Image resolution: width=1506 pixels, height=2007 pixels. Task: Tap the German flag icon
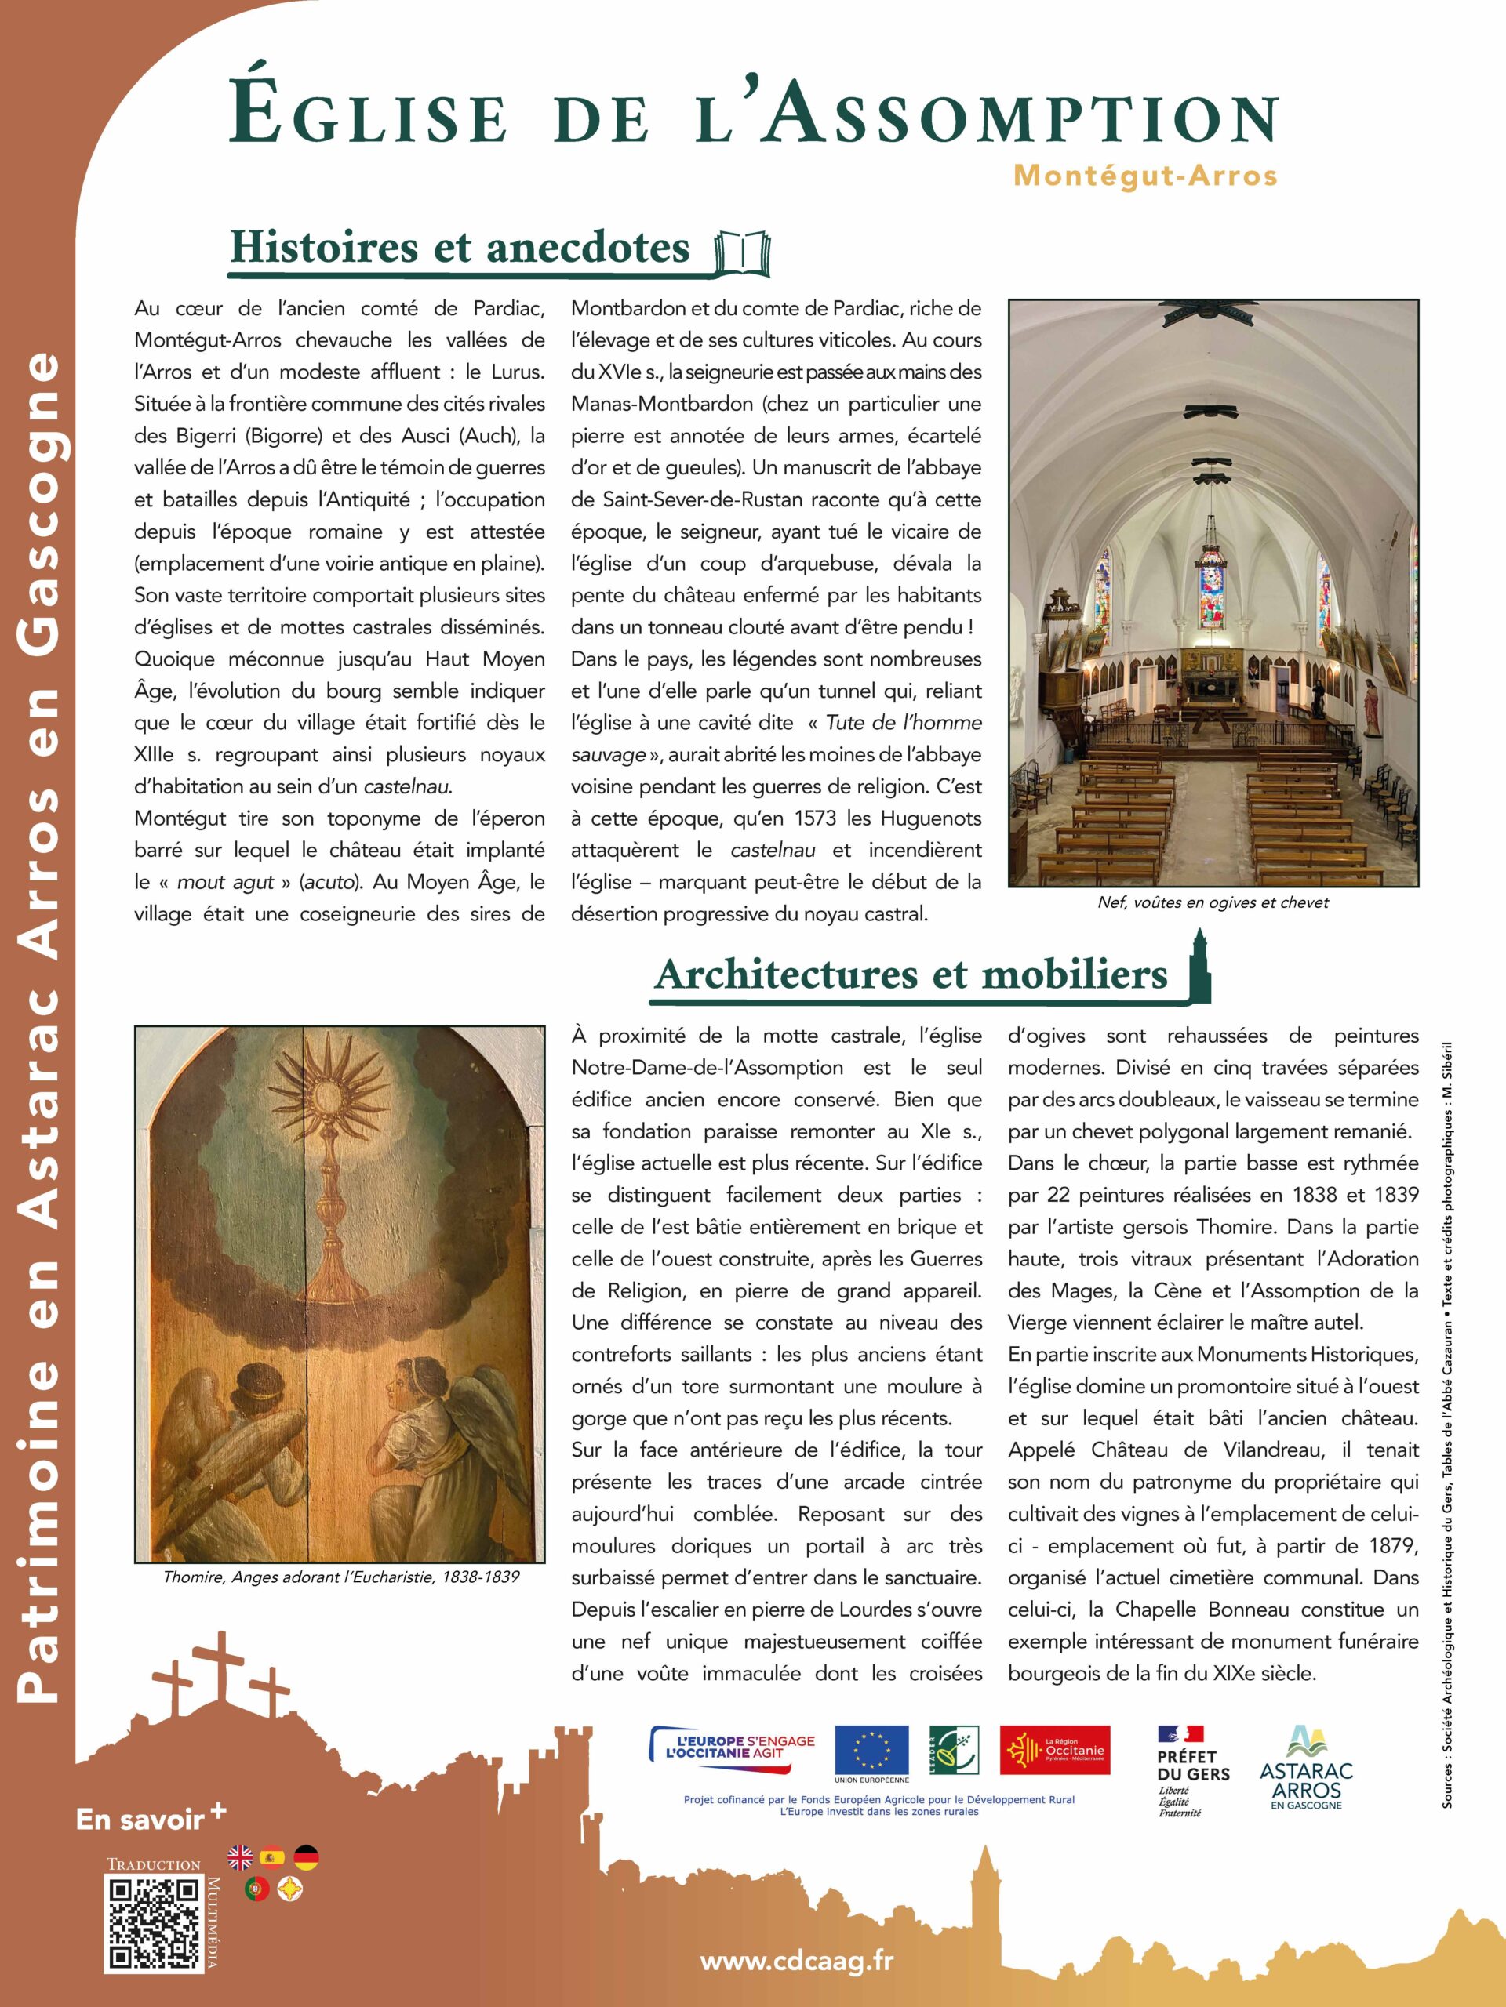click(x=306, y=1857)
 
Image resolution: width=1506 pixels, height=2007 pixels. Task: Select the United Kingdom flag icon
click(x=241, y=1857)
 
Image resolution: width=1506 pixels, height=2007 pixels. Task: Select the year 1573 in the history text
click(x=818, y=818)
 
